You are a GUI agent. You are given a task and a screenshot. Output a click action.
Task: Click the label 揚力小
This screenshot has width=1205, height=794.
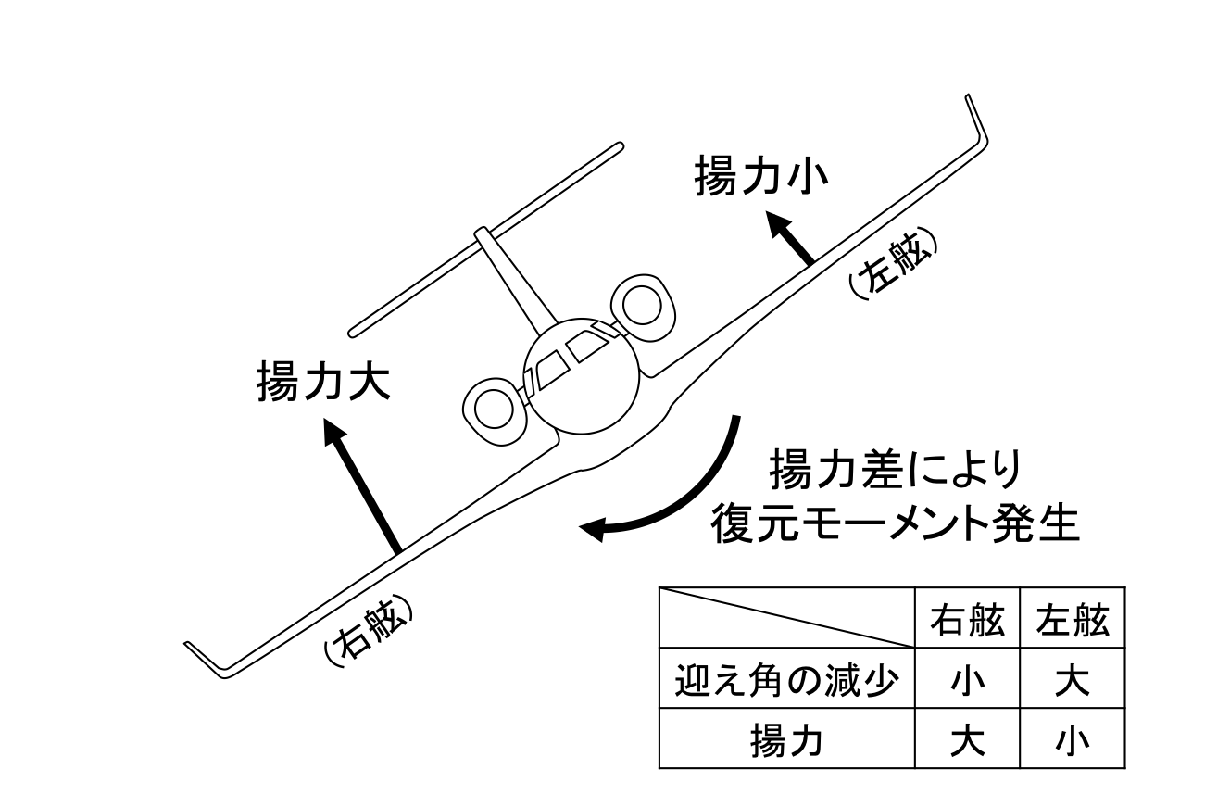click(x=760, y=178)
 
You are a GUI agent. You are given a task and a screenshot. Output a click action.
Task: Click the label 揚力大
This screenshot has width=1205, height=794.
click(x=322, y=383)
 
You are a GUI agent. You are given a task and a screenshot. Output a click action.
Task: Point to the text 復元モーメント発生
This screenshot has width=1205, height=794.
click(x=895, y=526)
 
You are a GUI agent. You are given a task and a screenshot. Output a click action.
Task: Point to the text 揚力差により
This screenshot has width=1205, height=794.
click(x=895, y=472)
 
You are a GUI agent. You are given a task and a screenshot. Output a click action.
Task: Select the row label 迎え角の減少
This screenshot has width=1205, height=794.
click(x=786, y=684)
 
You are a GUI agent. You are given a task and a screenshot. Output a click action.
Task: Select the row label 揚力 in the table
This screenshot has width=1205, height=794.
click(x=786, y=741)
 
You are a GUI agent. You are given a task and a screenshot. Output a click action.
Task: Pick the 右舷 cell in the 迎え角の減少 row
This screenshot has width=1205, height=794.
click(x=967, y=684)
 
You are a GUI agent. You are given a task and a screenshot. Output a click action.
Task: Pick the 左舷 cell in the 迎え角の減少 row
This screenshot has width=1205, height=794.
click(x=1073, y=684)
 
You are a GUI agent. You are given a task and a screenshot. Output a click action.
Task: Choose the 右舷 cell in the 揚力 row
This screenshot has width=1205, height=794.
click(x=967, y=741)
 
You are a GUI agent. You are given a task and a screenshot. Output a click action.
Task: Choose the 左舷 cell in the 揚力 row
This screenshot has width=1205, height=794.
click(x=1073, y=741)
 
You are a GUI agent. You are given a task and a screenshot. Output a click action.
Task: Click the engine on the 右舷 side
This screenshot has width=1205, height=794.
click(x=491, y=408)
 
